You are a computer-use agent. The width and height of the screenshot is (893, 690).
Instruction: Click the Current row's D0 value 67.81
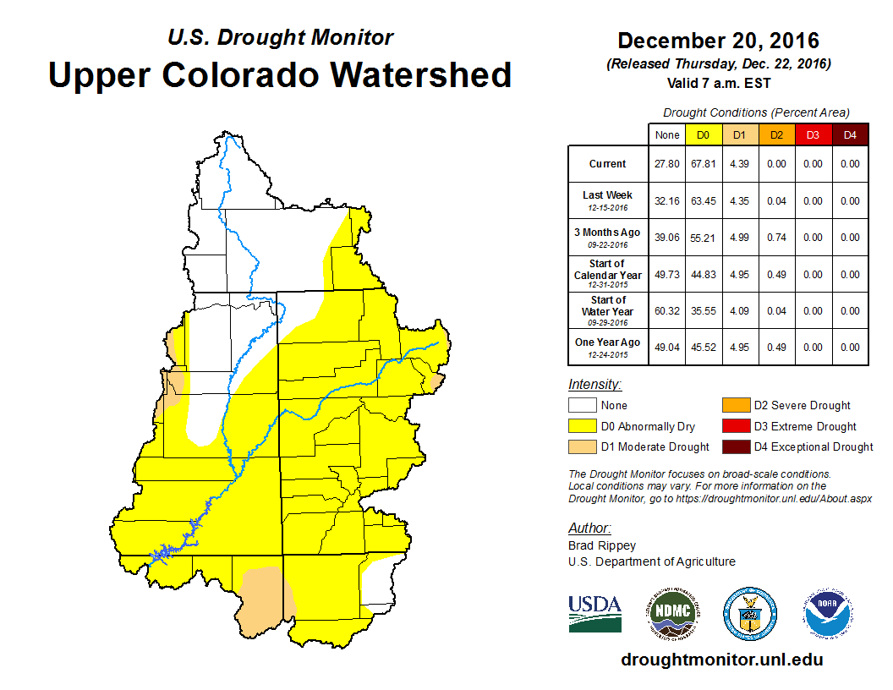(x=704, y=164)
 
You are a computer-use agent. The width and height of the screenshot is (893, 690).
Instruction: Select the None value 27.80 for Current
(x=667, y=164)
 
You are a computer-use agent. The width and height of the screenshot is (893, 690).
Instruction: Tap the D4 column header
(x=850, y=134)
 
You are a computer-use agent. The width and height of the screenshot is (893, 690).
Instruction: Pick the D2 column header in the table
(x=776, y=134)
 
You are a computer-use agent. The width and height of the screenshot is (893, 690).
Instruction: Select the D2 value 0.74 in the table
(x=776, y=238)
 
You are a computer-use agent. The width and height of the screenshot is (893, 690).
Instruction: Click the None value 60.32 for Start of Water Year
(x=667, y=310)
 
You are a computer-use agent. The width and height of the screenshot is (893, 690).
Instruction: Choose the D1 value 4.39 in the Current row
(x=740, y=164)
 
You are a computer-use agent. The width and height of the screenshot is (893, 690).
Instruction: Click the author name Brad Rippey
(x=601, y=545)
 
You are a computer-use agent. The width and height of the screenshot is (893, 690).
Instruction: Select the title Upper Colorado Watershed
(x=280, y=74)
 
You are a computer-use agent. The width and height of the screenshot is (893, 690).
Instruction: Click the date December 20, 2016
(x=718, y=41)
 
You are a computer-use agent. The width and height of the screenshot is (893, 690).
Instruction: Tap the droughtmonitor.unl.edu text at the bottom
(x=721, y=660)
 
